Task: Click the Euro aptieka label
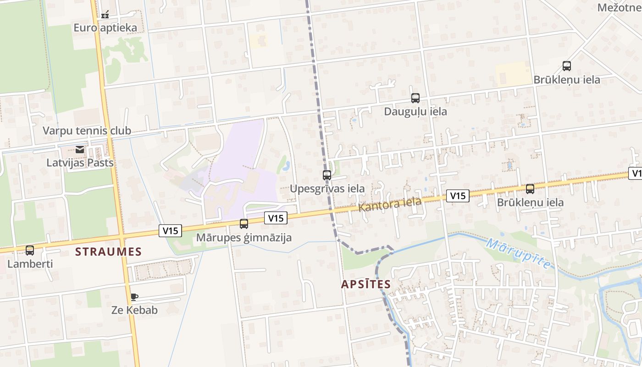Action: coord(105,28)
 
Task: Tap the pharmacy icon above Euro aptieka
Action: coord(105,15)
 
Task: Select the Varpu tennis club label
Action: coord(87,131)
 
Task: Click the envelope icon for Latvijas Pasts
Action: coord(80,150)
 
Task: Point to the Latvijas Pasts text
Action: coord(80,163)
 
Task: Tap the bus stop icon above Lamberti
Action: coord(30,250)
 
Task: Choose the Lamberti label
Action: coord(30,264)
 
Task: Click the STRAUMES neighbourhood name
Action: coord(109,251)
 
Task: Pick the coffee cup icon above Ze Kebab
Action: coord(134,297)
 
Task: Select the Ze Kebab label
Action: coord(135,310)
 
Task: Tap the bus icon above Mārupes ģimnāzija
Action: coord(244,224)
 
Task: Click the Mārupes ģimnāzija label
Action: coord(244,238)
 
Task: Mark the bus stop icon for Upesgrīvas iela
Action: coord(327,175)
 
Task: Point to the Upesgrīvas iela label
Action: coord(327,189)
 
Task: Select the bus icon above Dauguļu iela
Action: coord(415,98)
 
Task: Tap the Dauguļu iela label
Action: coord(415,111)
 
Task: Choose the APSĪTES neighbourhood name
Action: coord(366,284)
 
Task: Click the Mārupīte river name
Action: coord(518,253)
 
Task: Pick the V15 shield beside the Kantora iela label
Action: coord(458,196)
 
